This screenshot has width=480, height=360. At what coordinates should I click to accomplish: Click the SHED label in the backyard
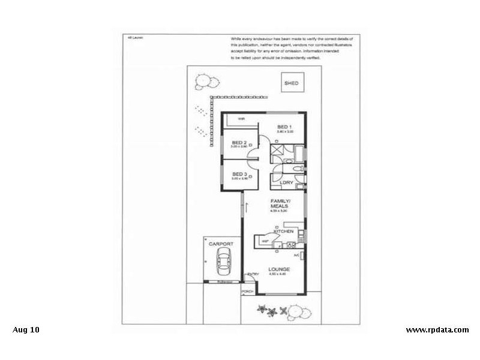click(x=292, y=83)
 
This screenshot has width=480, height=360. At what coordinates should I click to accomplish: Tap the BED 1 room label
click(x=284, y=127)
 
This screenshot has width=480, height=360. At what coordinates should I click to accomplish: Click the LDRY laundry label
click(x=286, y=182)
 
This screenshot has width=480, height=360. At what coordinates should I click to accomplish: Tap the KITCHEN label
click(x=283, y=231)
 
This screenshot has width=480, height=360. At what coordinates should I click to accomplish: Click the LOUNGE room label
click(x=280, y=269)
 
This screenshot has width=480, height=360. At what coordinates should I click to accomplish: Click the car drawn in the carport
click(x=224, y=262)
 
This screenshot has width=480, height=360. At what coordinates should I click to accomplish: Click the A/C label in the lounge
click(x=296, y=255)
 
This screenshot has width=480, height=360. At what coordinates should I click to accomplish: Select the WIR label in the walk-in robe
click(x=241, y=119)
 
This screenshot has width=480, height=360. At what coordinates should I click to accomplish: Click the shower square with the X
click(x=277, y=151)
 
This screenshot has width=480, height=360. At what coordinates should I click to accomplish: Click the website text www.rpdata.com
click(x=437, y=329)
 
